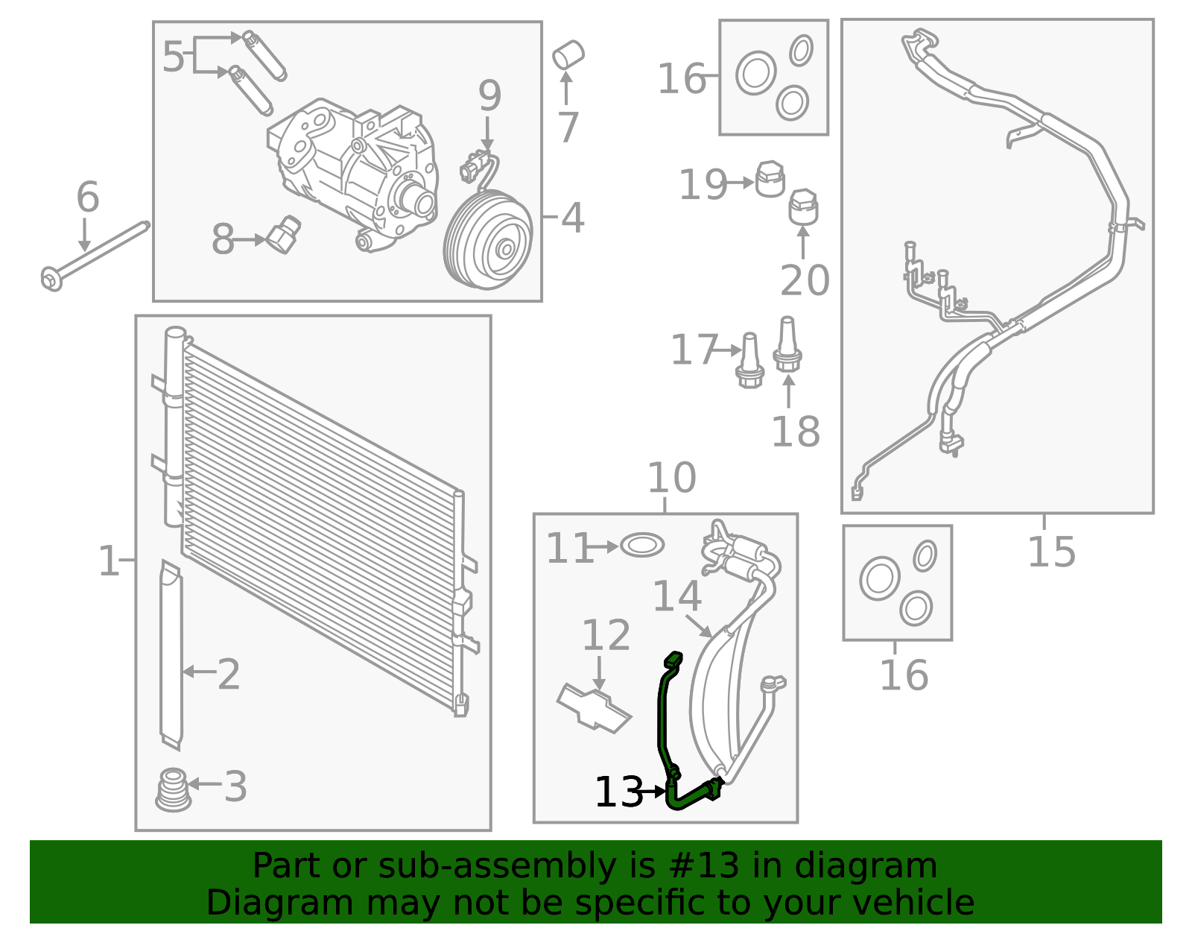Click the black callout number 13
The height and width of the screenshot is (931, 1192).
click(618, 792)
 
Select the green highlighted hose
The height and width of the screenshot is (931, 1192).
click(662, 716)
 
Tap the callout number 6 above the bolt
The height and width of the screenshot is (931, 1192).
click(87, 198)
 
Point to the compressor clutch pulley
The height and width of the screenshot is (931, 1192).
click(488, 239)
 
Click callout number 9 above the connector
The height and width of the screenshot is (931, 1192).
click(489, 96)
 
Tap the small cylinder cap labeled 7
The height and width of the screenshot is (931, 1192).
click(568, 55)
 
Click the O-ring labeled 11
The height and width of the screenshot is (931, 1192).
click(641, 546)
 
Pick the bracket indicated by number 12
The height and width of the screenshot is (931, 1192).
click(594, 707)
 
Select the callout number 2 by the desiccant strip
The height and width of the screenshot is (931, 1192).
click(228, 675)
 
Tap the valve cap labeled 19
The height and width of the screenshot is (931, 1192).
click(770, 179)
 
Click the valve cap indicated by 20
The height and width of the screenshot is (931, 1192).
click(803, 206)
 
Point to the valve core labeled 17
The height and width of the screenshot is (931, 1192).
click(749, 361)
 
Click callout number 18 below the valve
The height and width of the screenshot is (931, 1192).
click(795, 432)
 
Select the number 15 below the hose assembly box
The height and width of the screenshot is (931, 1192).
click(1051, 552)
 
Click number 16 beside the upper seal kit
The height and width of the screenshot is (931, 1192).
click(682, 79)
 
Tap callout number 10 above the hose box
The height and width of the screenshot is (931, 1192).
click(671, 478)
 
